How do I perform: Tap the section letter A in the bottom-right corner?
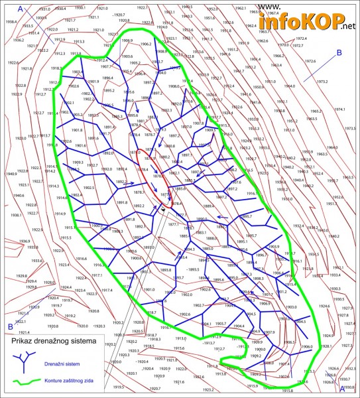point(342,391)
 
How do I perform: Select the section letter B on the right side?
point(339,52)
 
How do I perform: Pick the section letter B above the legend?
point(11,326)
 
